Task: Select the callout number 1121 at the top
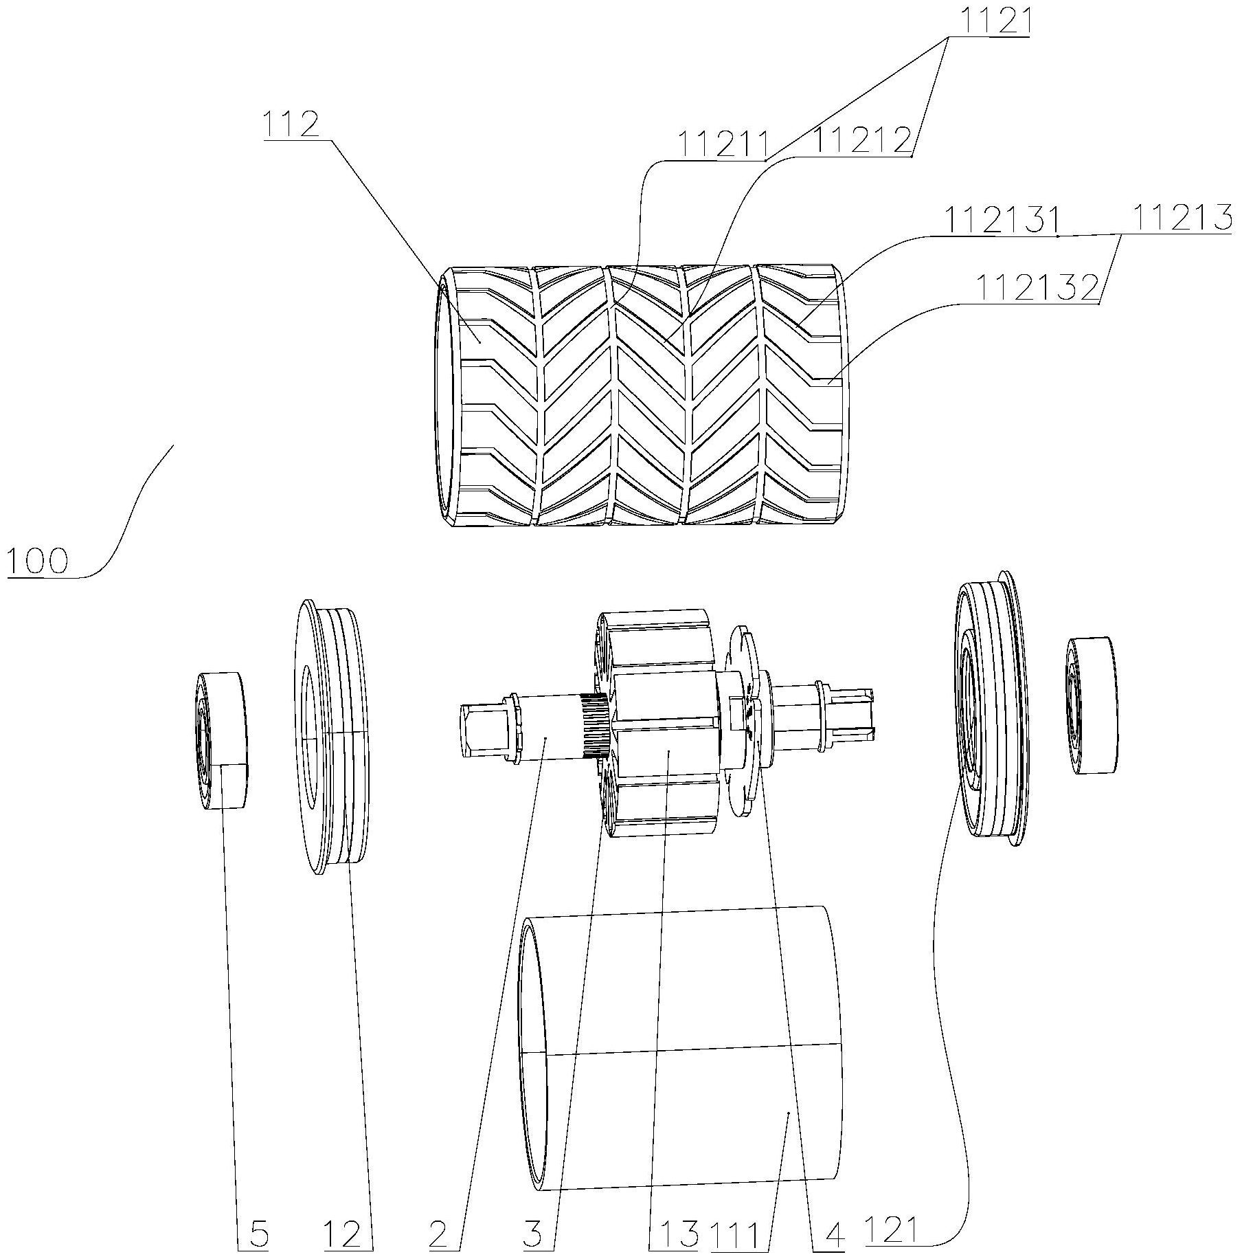(x=989, y=23)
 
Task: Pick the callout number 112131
(x=1000, y=221)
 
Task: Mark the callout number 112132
(x=1038, y=288)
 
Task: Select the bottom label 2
(x=439, y=1234)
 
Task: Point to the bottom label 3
(x=532, y=1234)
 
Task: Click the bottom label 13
(x=676, y=1234)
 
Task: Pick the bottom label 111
(x=735, y=1234)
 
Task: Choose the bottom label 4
(x=833, y=1234)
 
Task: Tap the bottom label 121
(x=890, y=1234)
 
